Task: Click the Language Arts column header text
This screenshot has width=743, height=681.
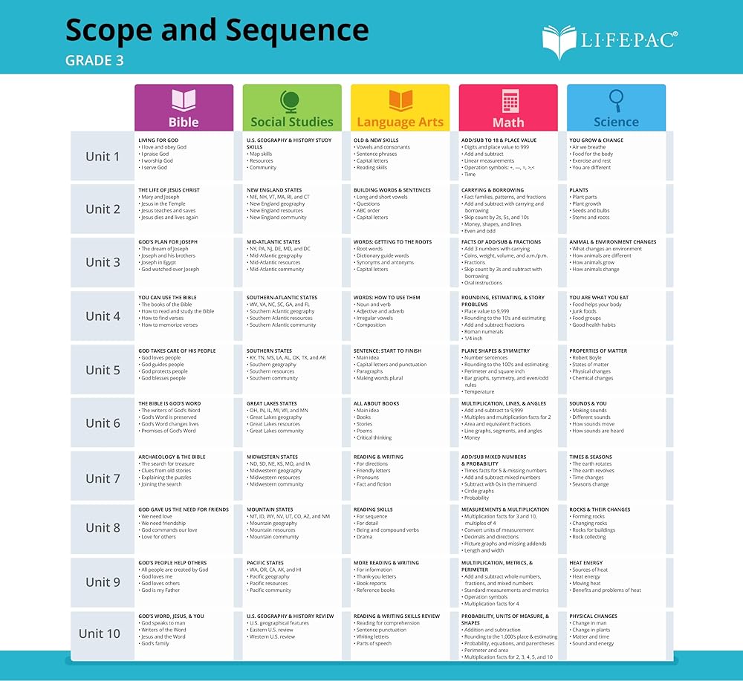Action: [x=400, y=123]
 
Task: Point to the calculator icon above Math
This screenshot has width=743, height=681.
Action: [x=509, y=101]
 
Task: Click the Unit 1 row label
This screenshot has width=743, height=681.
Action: [x=103, y=156]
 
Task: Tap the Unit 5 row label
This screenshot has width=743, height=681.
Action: [x=103, y=370]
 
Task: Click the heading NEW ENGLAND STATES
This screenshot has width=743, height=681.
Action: [x=274, y=190]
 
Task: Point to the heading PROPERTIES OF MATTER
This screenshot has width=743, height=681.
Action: [x=598, y=351]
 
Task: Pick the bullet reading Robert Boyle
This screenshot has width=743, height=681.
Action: [x=588, y=358]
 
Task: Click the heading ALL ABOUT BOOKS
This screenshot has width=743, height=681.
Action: [x=377, y=404]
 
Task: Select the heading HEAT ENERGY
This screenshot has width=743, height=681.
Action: [x=586, y=563]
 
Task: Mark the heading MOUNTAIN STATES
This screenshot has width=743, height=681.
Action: [x=270, y=509]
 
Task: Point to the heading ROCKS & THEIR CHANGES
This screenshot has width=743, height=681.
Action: [x=600, y=509]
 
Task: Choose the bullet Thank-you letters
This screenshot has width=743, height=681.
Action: [x=376, y=576]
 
